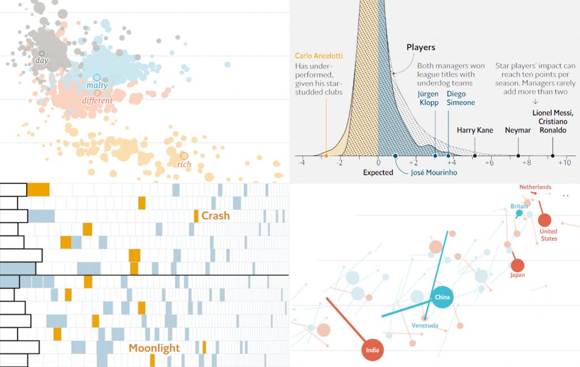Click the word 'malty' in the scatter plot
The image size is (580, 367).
[97, 85]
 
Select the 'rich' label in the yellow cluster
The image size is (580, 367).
[184, 165]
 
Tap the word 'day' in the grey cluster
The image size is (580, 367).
[41, 61]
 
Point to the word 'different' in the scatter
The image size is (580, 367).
[97, 101]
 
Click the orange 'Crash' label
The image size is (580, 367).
[216, 215]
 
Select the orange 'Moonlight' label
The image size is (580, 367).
[154, 348]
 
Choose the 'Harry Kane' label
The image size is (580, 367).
[474, 130]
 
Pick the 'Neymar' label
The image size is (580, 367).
[518, 130]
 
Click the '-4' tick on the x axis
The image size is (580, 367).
[302, 163]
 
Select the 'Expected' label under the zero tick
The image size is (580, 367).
[378, 172]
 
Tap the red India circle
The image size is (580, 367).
[372, 349]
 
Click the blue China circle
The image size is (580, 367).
[442, 297]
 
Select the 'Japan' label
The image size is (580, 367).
[517, 275]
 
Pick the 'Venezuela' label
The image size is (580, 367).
[425, 325]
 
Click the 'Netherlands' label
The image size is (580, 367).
[535, 187]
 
